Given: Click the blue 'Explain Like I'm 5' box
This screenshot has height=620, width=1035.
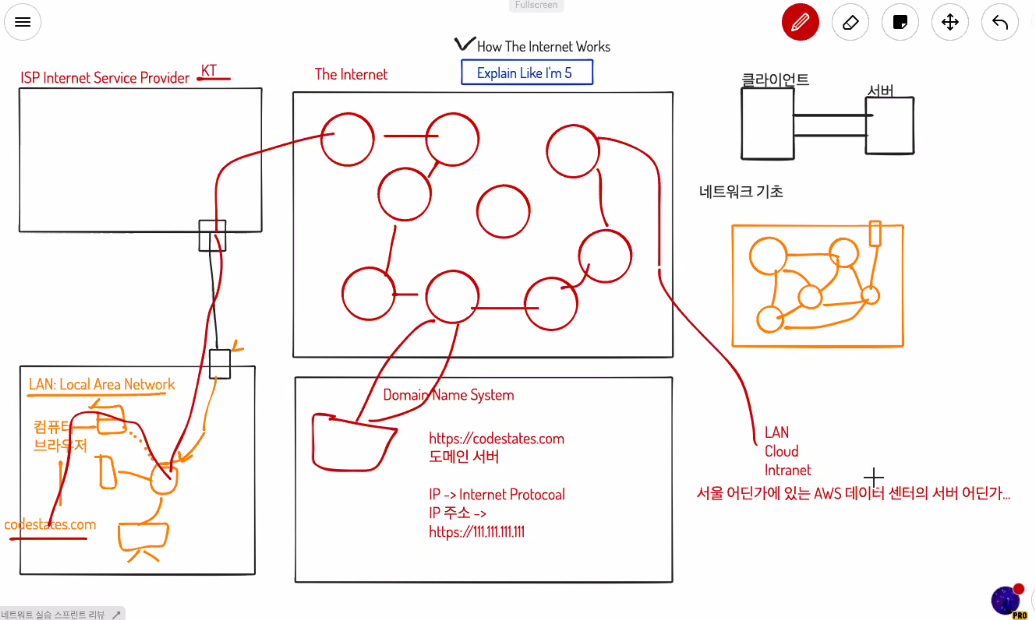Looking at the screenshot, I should [527, 72].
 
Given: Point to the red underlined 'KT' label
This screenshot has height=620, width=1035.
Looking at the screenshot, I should [209, 71].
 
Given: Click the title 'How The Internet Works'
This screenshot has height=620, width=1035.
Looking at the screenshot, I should [543, 46].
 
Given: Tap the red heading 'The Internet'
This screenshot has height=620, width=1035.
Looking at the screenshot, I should [351, 74].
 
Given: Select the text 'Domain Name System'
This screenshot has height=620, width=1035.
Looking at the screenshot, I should [448, 395].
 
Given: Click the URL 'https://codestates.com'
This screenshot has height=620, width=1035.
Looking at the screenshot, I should [496, 438].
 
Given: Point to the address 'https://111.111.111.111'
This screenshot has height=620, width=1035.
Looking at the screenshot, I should [476, 532].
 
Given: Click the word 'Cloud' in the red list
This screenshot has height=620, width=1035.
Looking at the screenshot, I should [781, 451].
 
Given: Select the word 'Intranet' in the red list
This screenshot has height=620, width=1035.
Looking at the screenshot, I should [787, 470].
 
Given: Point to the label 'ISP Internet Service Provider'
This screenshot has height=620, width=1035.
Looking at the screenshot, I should [105, 78].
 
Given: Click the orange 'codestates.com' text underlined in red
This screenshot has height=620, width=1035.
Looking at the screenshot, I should [50, 524].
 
